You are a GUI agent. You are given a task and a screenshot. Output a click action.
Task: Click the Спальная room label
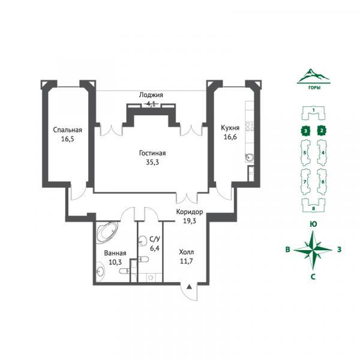point(67,130)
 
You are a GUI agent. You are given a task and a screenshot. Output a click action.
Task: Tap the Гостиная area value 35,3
point(152,163)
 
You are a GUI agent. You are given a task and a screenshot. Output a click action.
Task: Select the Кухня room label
point(230,128)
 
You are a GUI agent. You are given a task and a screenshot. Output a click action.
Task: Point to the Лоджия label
point(151,95)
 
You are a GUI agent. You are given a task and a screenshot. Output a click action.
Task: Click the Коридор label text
point(190,212)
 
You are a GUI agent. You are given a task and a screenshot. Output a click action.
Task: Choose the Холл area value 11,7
point(186,261)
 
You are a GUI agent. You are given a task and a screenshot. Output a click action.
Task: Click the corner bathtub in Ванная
point(107,232)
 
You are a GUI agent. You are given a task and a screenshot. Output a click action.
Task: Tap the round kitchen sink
point(250,157)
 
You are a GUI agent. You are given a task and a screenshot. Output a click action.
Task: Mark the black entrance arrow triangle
point(189,287)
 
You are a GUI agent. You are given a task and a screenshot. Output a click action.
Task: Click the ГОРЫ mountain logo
point(314,78)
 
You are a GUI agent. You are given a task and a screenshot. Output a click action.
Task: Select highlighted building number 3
point(305,131)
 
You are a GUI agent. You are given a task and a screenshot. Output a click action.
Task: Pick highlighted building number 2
point(322,131)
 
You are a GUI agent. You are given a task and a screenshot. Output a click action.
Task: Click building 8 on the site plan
point(314,205)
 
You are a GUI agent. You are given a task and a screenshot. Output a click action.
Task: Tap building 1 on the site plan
point(313,113)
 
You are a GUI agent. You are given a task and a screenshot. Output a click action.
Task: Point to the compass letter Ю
point(313,224)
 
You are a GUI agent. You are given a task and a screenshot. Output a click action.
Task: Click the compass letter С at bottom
point(313,277)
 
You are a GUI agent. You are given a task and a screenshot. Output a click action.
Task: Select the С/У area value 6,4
point(155,248)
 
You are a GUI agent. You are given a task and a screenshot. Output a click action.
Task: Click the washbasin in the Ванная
point(100,272)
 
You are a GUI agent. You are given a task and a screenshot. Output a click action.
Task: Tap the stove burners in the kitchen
point(250,127)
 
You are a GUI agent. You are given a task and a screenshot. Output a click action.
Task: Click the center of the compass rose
point(313,250)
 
